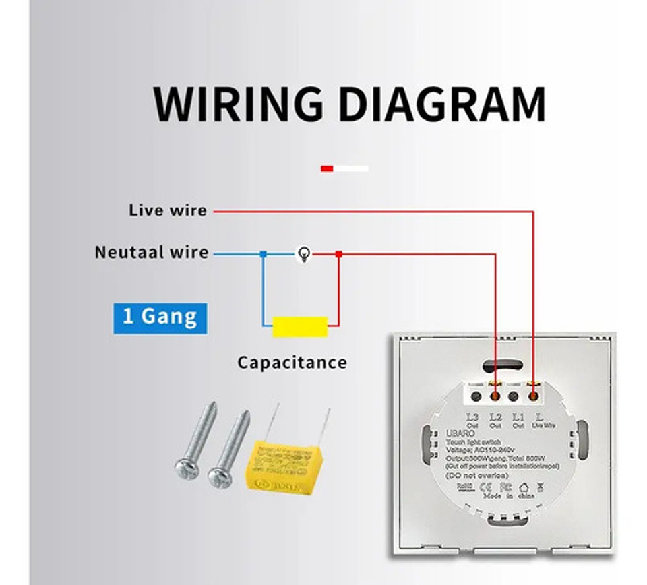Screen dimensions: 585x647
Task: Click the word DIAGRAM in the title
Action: pyautogui.click(x=441, y=104)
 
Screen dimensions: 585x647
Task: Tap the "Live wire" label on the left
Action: pyautogui.click(x=168, y=210)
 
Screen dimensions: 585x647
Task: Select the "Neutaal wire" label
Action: pyautogui.click(x=152, y=253)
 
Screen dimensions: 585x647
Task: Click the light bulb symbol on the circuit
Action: pyautogui.click(x=305, y=254)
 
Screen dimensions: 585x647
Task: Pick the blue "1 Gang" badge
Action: pyautogui.click(x=160, y=317)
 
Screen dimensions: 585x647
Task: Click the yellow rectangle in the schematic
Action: pyautogui.click(x=300, y=327)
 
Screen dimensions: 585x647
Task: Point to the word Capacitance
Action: pyautogui.click(x=292, y=363)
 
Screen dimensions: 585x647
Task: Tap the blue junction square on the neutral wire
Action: pyautogui.click(x=263, y=254)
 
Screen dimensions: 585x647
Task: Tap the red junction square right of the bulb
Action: pyautogui.click(x=338, y=254)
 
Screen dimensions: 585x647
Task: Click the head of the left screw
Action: pyautogui.click(x=185, y=469)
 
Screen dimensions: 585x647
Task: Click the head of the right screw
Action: pyautogui.click(x=218, y=478)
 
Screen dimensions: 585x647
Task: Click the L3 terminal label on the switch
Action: pyautogui.click(x=472, y=418)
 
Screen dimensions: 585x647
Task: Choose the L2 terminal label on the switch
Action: pyautogui.click(x=495, y=418)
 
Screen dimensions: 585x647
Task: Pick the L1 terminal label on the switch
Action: pyautogui.click(x=518, y=418)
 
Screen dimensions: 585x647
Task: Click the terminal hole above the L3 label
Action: pyautogui.click(x=476, y=396)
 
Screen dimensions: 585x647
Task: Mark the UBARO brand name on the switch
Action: pyautogui.click(x=460, y=433)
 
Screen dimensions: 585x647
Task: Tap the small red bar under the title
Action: pyautogui.click(x=327, y=168)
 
